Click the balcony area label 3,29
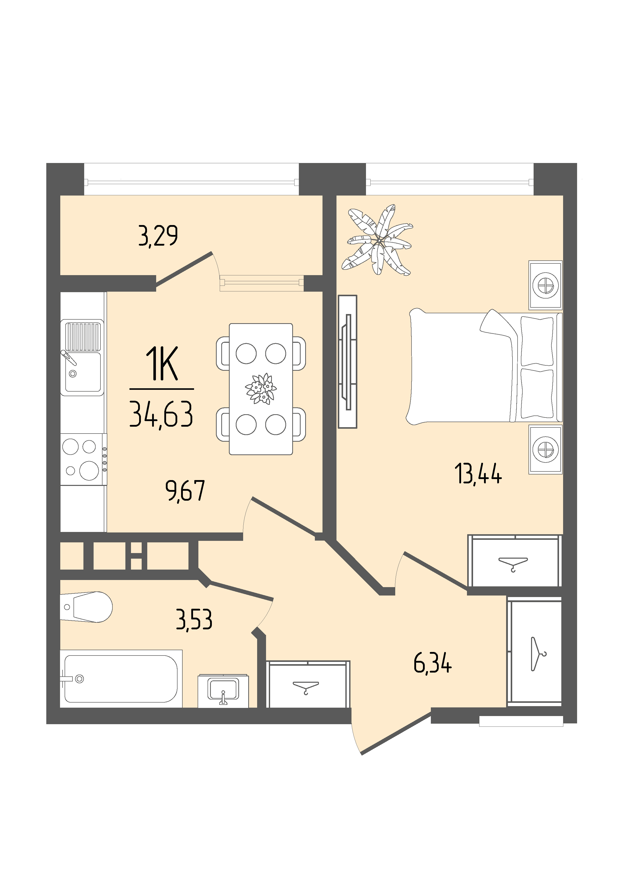[158, 235]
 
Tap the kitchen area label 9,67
[185, 491]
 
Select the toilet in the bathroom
[86, 607]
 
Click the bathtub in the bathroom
[121, 679]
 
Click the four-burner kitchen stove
[83, 459]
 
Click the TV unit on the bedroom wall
[347, 362]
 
